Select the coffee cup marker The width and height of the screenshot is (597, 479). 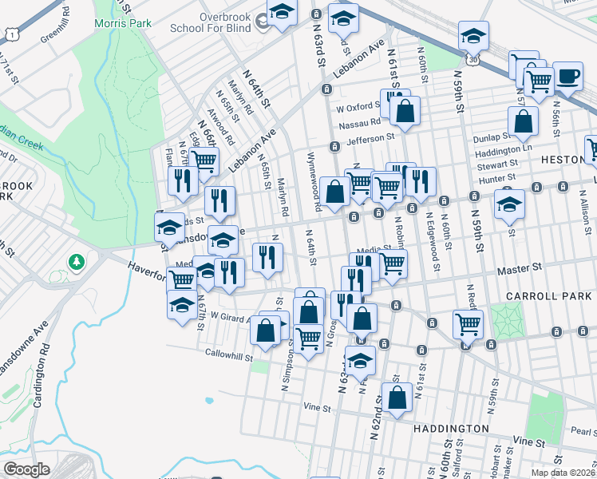click(567, 77)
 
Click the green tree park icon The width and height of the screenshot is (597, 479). click(77, 261)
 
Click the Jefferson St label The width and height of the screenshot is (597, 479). click(370, 137)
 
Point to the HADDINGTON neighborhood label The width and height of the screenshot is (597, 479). click(451, 429)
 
